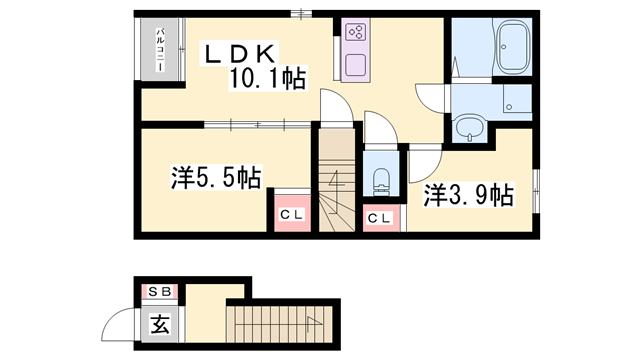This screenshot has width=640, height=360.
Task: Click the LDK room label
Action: coord(245,53)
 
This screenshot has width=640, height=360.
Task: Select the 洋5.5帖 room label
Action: coord(215,178)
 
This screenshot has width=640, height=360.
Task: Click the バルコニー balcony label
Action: coord(159,52)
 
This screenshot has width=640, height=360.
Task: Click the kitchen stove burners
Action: coord(355,31)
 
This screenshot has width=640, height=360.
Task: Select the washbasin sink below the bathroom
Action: coord(468,127)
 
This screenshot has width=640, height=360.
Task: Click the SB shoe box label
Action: coord(159,293)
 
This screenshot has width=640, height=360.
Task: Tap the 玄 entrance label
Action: coord(159,324)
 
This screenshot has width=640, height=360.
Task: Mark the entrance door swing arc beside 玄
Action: coord(120,324)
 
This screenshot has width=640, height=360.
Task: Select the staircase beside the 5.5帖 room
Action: coord(338,190)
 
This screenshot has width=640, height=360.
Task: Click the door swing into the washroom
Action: coord(434,96)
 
